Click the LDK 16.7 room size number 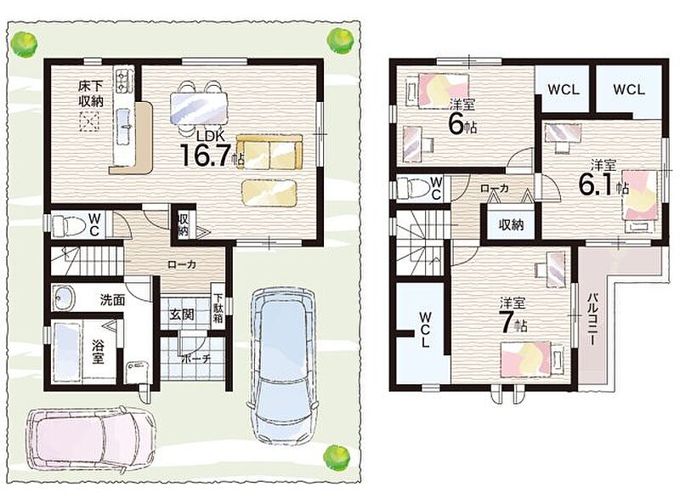click(204, 155)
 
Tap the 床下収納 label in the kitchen click(91, 93)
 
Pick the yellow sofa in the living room click(269, 152)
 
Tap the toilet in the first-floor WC click(69, 225)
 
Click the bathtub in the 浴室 click(67, 351)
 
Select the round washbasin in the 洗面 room click(64, 299)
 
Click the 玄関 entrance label click(181, 314)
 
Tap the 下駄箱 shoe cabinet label click(218, 309)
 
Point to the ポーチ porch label click(196, 359)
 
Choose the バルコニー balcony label click(591, 320)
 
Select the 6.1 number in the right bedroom click(597, 184)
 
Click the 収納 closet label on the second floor click(511, 224)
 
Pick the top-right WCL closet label click(629, 90)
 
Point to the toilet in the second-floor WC click(414, 187)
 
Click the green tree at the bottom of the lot click(337, 457)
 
